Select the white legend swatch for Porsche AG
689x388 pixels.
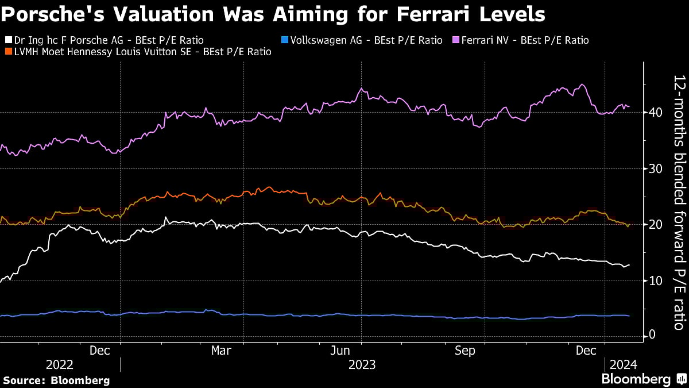[x=8, y=40]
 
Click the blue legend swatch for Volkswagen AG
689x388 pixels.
[x=285, y=40]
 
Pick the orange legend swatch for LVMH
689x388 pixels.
[x=8, y=52]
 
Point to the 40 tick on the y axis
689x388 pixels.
[x=652, y=112]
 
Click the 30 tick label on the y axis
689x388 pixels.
[x=652, y=168]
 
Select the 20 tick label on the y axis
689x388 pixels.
[x=652, y=224]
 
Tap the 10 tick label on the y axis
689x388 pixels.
[x=652, y=281]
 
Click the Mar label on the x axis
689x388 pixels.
[x=221, y=351]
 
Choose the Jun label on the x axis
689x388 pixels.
[x=343, y=351]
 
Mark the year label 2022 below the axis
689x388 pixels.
[x=60, y=365]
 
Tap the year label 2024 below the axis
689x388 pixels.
[x=623, y=365]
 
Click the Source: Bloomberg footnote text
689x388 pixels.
[x=56, y=380]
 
